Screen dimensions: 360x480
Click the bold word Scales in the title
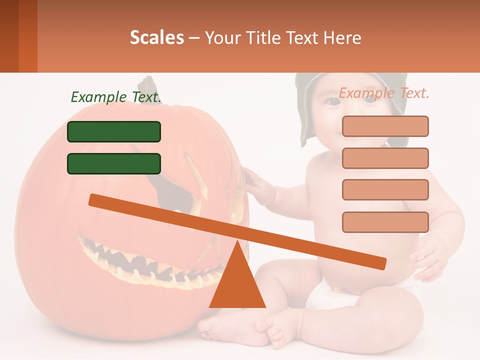click(157, 37)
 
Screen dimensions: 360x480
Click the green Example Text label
click(116, 97)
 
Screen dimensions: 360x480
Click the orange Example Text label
click(384, 93)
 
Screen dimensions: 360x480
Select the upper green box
click(114, 131)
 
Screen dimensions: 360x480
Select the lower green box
click(114, 163)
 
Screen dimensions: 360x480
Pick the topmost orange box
click(385, 126)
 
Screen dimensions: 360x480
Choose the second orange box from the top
click(385, 158)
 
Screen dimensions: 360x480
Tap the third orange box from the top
click(385, 189)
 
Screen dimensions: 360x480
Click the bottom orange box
click(385, 222)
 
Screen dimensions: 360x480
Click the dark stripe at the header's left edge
click(9, 36)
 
